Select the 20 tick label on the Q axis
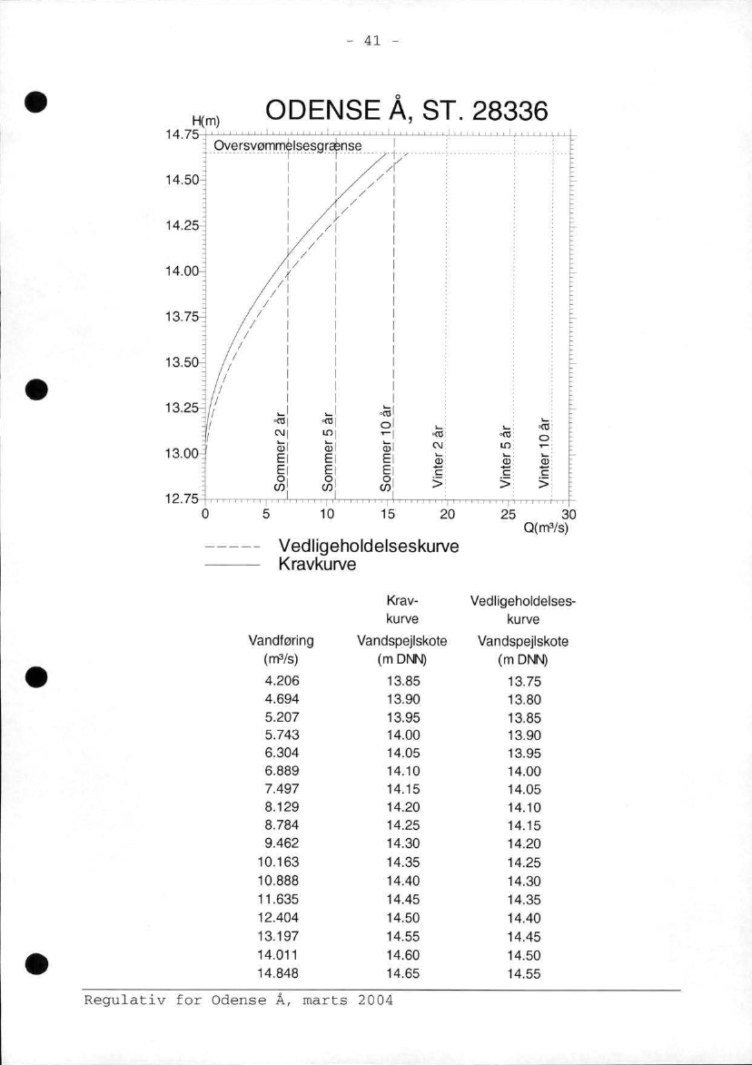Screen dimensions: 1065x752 coord(445,516)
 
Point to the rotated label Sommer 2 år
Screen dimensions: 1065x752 coord(281,451)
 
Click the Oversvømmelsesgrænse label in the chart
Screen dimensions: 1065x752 coord(288,146)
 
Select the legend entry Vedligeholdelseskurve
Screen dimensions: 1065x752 coord(366,547)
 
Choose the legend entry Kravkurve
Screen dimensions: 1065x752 coord(317,565)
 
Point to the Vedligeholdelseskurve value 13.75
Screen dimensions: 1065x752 coord(526,680)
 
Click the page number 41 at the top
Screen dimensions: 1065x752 coord(376,41)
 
